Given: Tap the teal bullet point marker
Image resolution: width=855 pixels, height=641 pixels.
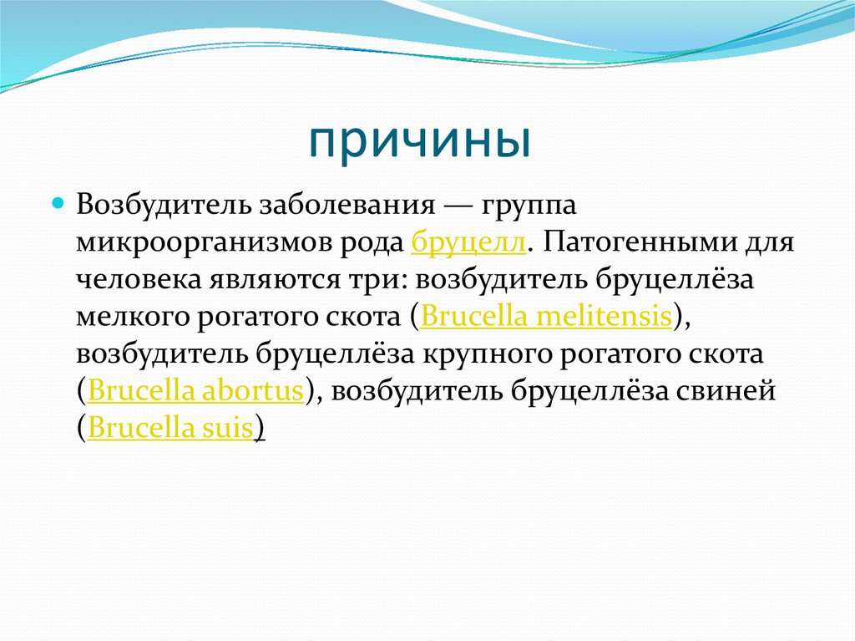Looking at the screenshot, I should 58,203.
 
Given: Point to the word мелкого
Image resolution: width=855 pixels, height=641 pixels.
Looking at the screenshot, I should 131,317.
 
